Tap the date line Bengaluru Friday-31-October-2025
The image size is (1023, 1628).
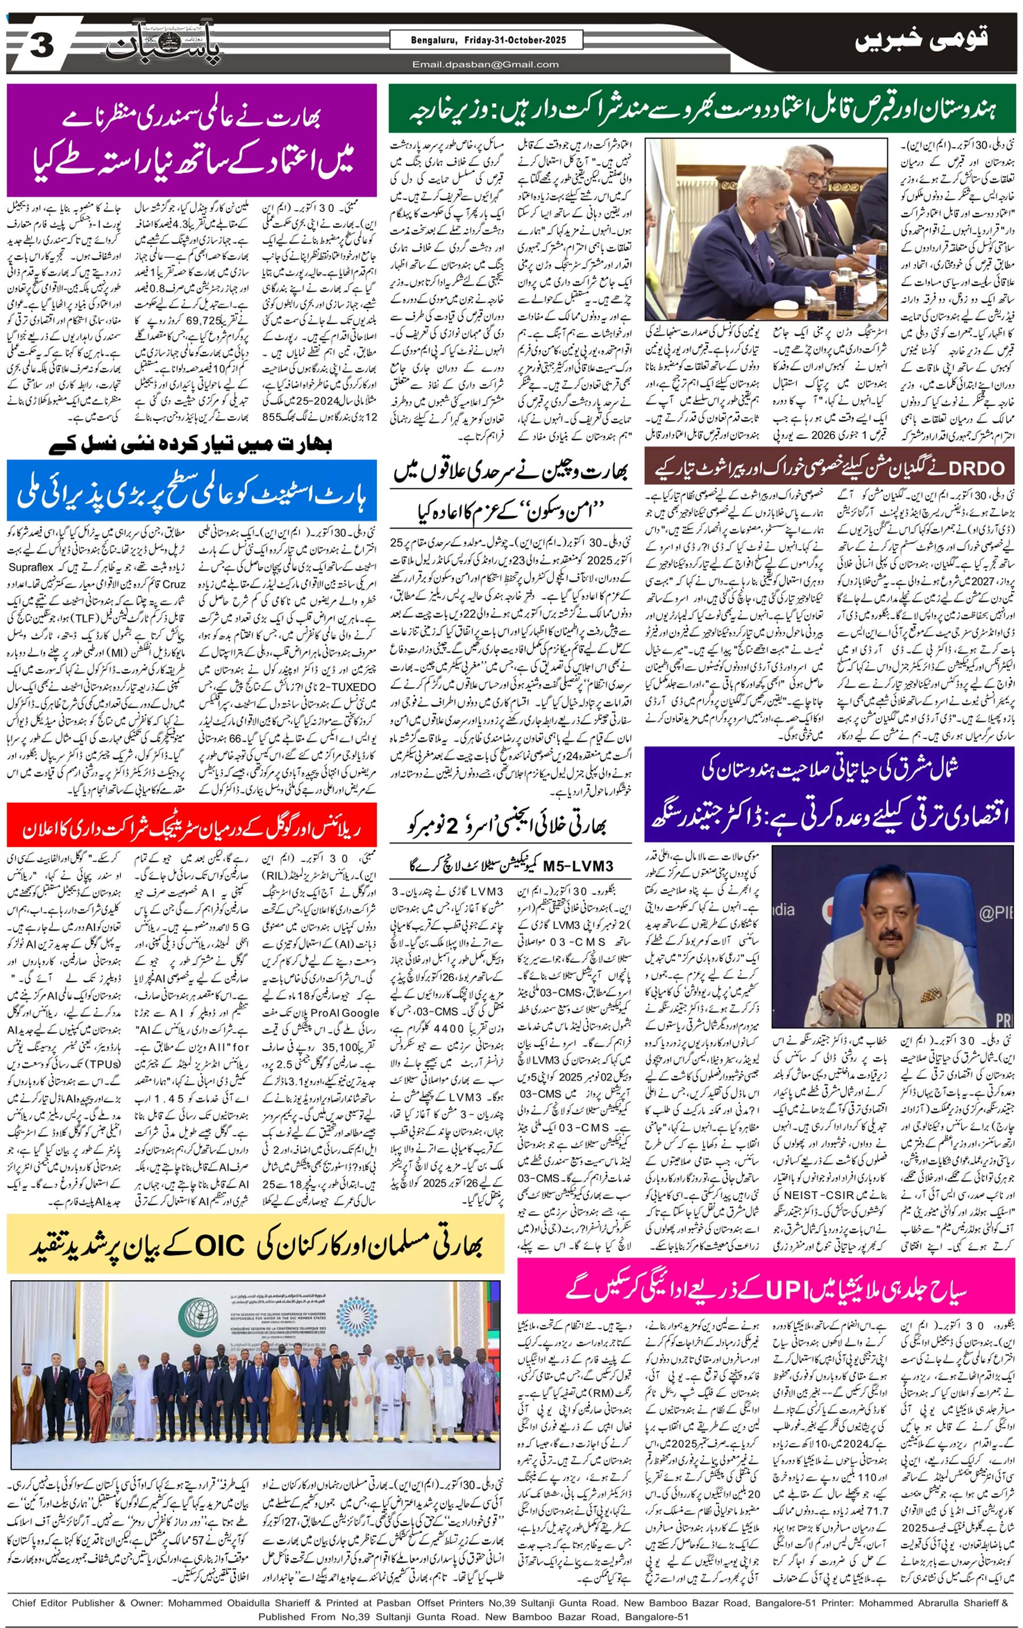tap(486, 40)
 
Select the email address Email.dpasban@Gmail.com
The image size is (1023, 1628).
tap(485, 65)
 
